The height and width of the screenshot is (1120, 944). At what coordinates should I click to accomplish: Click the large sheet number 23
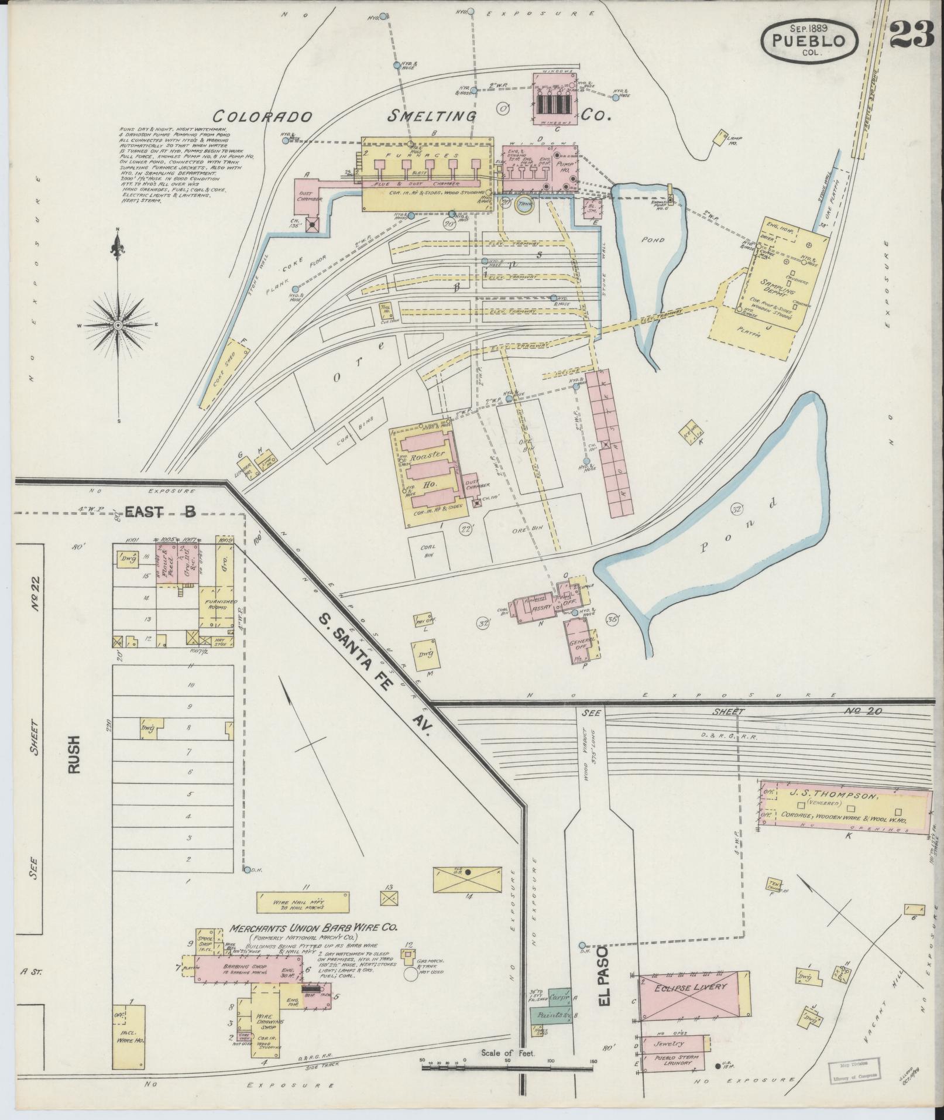[x=912, y=36]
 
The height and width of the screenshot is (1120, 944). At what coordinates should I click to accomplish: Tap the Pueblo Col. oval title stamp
[x=809, y=39]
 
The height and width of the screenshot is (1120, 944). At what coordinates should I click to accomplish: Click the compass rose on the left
[x=118, y=324]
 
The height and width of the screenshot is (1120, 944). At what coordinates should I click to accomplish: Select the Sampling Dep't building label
[x=775, y=286]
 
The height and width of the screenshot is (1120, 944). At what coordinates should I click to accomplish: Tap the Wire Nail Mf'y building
[x=298, y=919]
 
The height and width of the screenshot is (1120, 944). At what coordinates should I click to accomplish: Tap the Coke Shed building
[x=223, y=372]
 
